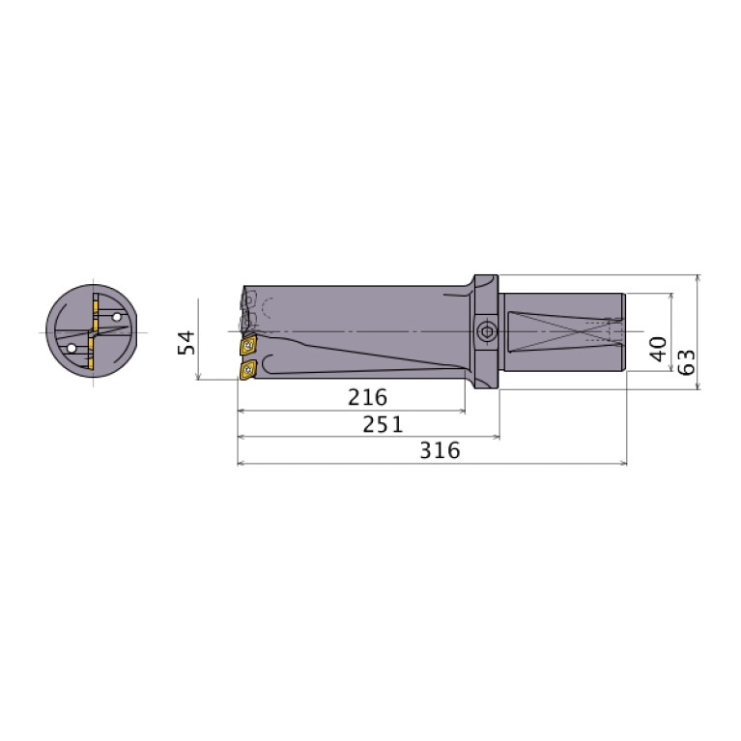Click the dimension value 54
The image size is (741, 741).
187,341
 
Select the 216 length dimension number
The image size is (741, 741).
367,397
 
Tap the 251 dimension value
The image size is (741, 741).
383,424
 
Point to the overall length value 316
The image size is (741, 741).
440,450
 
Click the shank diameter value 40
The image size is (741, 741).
658,348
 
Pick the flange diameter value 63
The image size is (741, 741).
686,362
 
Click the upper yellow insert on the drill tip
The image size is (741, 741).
247,344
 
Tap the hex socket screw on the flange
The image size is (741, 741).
486,333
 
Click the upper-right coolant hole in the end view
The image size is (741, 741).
117,316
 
